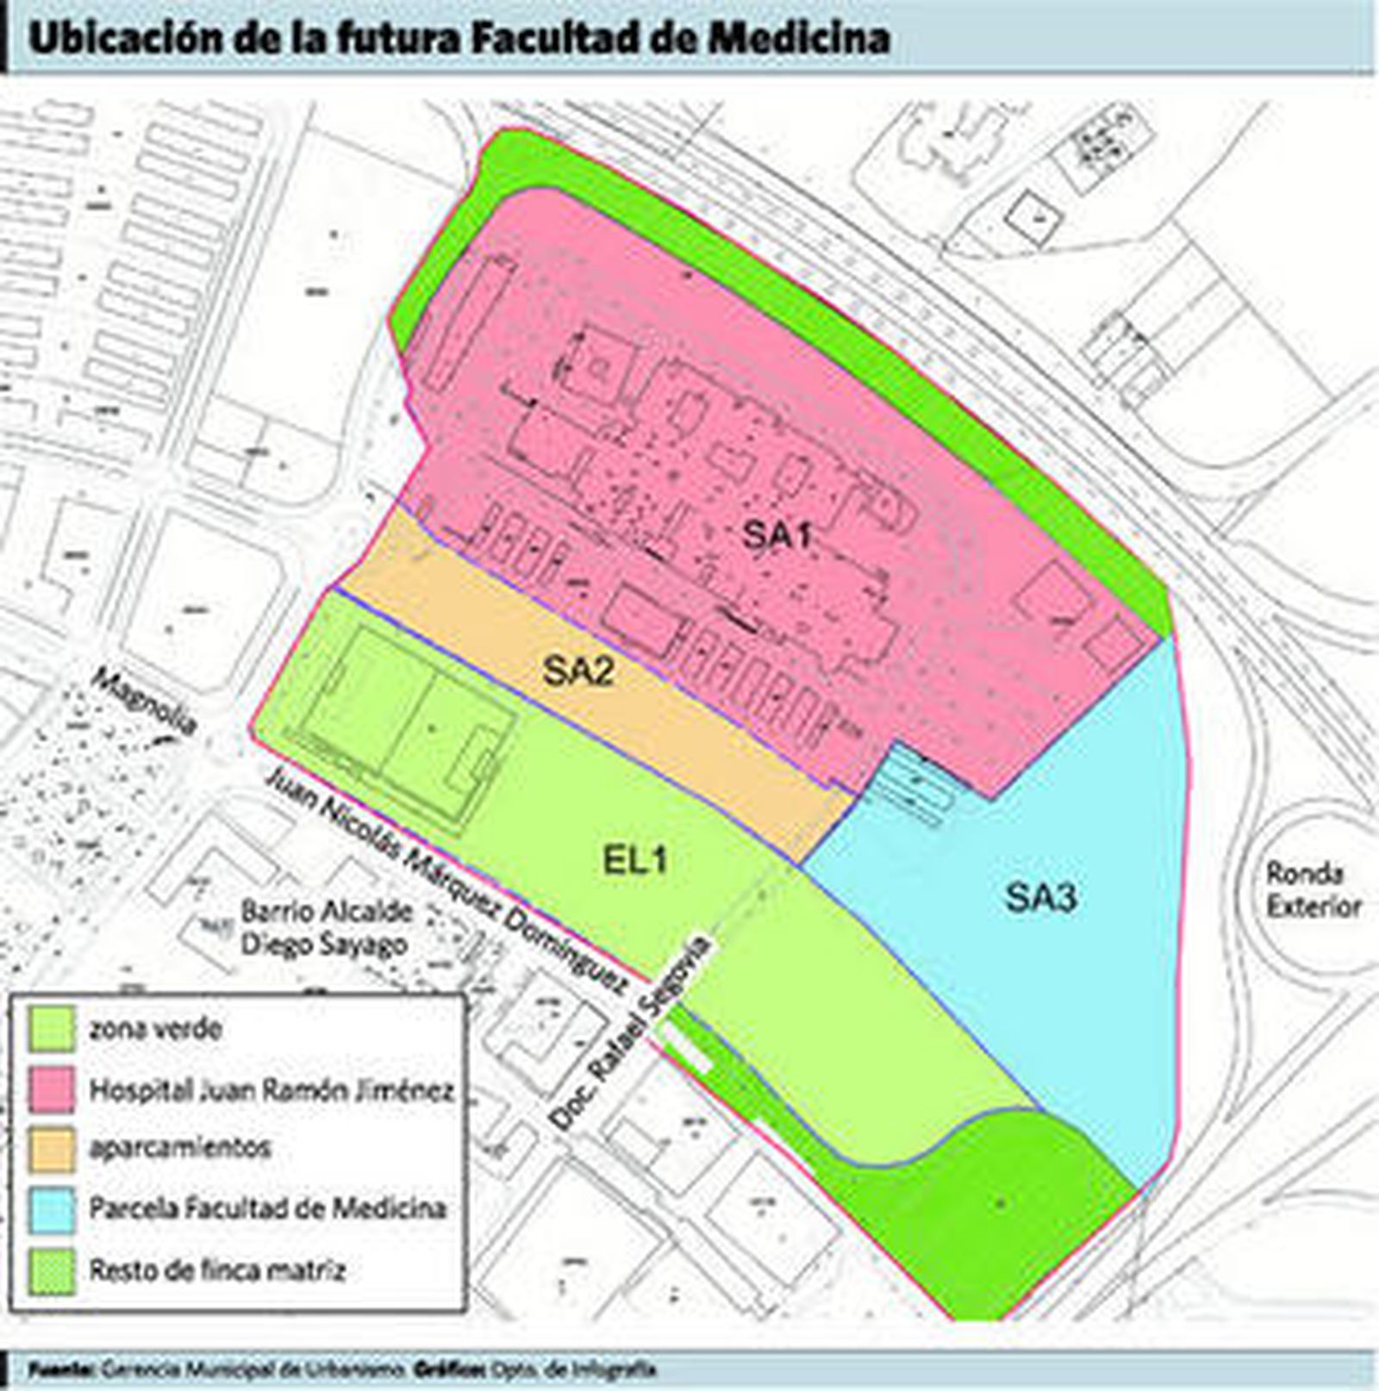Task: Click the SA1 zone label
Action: [x=777, y=536]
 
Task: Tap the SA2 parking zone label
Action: [x=578, y=670]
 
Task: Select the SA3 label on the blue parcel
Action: [x=1041, y=899]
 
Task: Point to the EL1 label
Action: [x=634, y=860]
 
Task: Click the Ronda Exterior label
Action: [x=1313, y=889]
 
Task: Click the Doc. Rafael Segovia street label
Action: [x=632, y=1032]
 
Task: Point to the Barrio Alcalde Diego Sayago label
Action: [x=326, y=927]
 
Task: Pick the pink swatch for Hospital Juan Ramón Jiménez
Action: [x=52, y=1090]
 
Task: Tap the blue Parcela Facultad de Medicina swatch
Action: [x=52, y=1208]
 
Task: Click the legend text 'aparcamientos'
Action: [x=180, y=1148]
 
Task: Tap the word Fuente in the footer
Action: [x=60, y=1368]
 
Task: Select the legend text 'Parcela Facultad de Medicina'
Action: [x=268, y=1207]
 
